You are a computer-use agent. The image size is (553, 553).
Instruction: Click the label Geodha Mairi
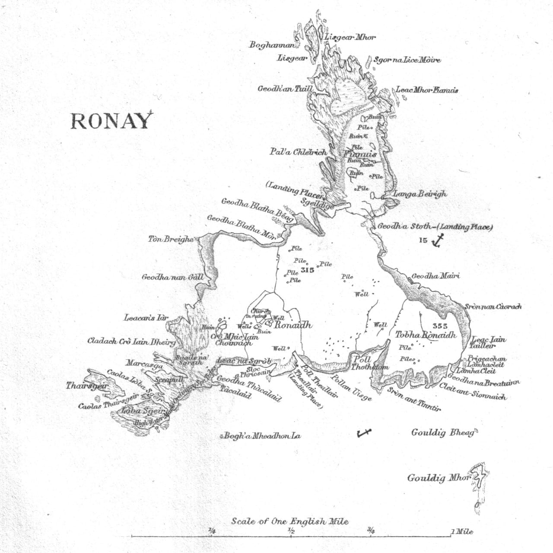[x=435, y=276]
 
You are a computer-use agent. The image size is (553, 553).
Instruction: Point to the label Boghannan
[x=272, y=45]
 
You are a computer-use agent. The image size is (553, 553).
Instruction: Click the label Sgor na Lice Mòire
[x=407, y=60]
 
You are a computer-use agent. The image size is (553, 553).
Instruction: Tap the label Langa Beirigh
[x=420, y=194]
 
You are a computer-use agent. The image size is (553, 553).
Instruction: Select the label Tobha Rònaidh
[x=426, y=335]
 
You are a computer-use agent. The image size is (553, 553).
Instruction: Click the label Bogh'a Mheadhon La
[x=262, y=436]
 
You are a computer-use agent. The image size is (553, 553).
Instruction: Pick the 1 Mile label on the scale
[x=461, y=531]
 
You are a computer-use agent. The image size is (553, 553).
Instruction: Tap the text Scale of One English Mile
[x=289, y=521]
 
